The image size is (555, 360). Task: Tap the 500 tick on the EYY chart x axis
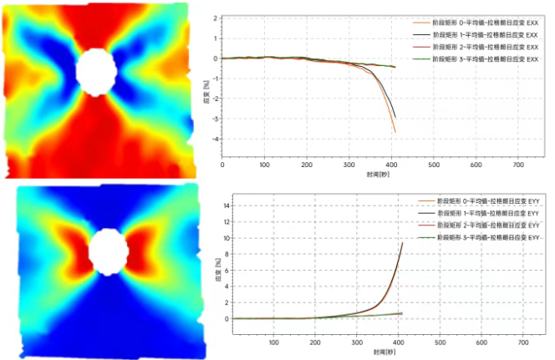440,342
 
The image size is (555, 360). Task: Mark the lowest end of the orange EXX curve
395,132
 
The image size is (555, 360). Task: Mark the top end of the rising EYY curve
403,242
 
